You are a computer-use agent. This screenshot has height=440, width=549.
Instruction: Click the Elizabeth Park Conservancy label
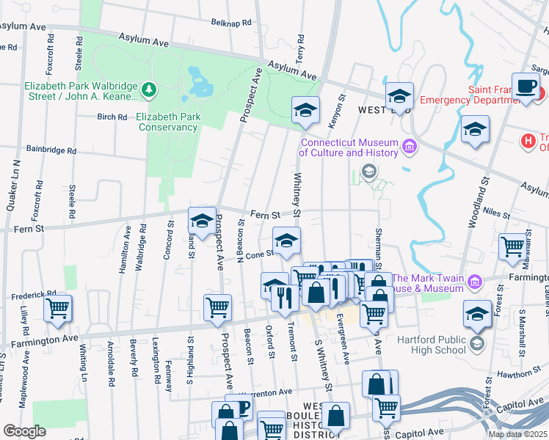pyautogui.click(x=167, y=122)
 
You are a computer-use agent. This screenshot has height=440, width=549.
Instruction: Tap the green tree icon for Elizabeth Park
pyautogui.click(x=150, y=89)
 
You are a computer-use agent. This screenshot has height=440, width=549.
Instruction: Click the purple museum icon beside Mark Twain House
pyautogui.click(x=475, y=282)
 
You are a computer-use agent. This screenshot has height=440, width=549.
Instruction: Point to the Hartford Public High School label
pyautogui.click(x=432, y=344)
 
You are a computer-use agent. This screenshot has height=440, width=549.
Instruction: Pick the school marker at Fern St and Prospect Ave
pyautogui.click(x=203, y=220)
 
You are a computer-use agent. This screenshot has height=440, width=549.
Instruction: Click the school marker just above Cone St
pyautogui.click(x=286, y=240)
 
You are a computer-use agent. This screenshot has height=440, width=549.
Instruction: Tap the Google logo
pyautogui.click(x=24, y=431)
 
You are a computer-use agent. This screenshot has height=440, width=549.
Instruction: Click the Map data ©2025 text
pyautogui.click(x=517, y=434)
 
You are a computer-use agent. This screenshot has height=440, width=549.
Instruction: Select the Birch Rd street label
pyautogui.click(x=112, y=117)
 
